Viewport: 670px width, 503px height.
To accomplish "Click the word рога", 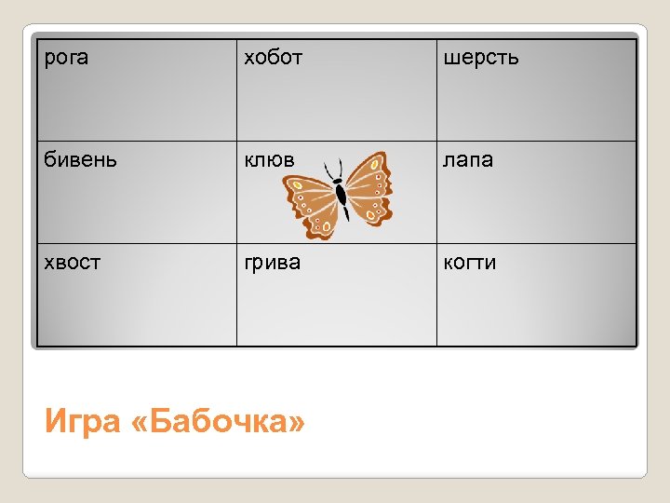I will point(67,58).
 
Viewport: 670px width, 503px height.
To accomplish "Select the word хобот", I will point(273,58).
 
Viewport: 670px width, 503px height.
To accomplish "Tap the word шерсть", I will point(481,58).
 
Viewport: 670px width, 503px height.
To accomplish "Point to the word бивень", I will point(82,160).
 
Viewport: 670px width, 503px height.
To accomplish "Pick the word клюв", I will point(269,160).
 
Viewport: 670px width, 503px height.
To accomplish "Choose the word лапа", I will point(468,160).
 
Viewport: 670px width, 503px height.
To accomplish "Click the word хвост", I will point(74,263).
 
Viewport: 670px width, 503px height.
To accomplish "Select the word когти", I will point(470,263).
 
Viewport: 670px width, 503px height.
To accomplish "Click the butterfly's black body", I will point(342,195).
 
